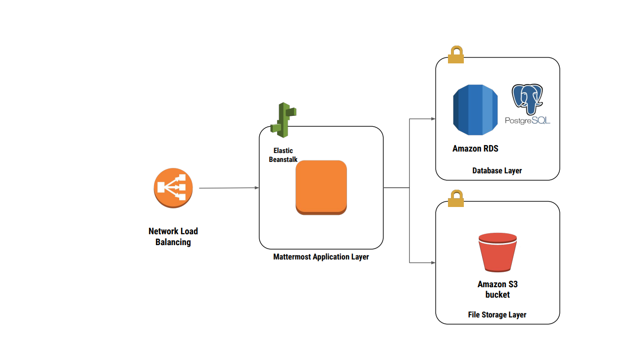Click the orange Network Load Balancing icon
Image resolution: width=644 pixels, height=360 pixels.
(173, 188)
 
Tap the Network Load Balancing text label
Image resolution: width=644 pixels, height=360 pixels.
(173, 237)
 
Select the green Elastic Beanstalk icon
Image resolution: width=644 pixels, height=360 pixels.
(284, 120)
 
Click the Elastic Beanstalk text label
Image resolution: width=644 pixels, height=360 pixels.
(283, 155)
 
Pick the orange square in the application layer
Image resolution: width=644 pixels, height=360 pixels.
(321, 188)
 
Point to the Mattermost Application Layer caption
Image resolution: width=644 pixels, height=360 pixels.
(321, 257)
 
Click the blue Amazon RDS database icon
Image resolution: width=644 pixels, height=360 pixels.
(475, 110)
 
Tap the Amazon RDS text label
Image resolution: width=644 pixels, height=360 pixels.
(475, 149)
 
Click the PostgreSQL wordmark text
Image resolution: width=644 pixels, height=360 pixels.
(528, 120)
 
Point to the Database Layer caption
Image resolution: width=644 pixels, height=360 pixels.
(497, 170)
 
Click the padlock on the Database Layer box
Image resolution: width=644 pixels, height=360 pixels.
(456, 54)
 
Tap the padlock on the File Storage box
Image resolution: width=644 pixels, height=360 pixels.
(456, 199)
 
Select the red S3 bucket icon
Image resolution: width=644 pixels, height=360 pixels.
(497, 253)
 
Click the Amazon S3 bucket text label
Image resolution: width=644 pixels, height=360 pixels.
(497, 289)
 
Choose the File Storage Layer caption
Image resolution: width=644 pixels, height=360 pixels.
(497, 314)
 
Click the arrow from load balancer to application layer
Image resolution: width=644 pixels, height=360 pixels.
(229, 188)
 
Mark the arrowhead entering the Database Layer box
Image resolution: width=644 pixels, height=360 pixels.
(433, 119)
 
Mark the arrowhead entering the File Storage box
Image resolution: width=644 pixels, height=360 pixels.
(433, 262)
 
